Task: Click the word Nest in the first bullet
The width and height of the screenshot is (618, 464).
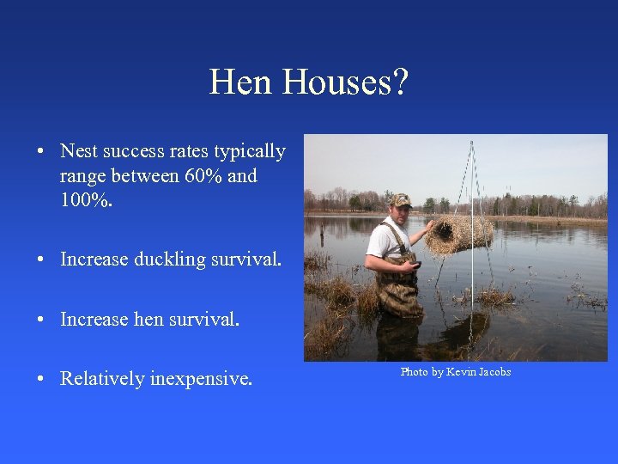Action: [x=78, y=152]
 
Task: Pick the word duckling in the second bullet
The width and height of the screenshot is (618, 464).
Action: [x=171, y=259]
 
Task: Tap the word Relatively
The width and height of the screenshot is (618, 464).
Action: [x=102, y=379]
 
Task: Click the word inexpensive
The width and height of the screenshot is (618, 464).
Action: [x=201, y=379]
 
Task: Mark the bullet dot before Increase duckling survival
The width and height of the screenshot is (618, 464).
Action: [x=41, y=259]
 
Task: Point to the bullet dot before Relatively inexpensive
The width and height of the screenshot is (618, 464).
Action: [x=41, y=379]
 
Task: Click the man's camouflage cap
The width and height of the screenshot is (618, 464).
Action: [x=400, y=200]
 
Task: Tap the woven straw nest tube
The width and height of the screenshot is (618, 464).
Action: [x=459, y=234]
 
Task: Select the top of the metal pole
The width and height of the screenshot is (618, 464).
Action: [x=471, y=143]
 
